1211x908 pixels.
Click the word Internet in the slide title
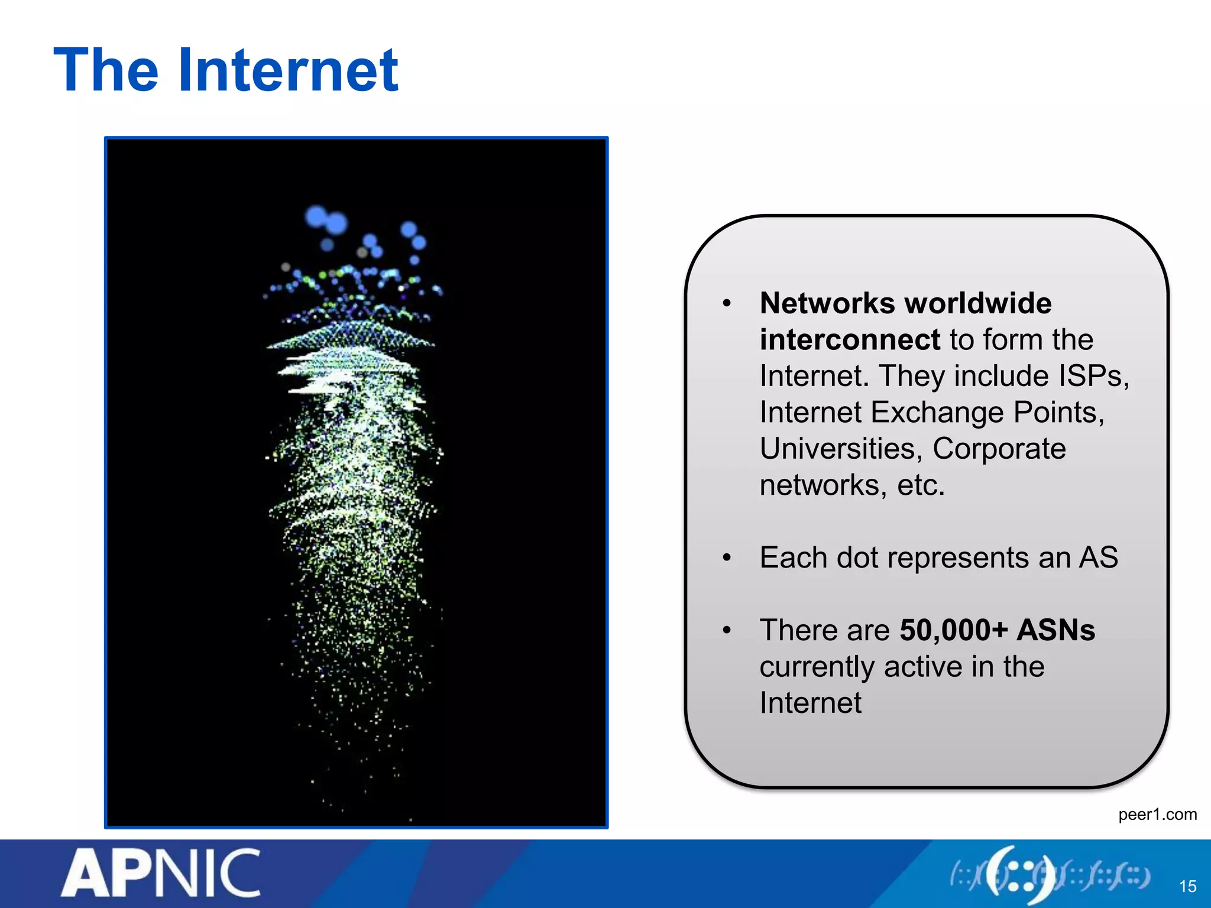(288, 71)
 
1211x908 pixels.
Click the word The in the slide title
(106, 71)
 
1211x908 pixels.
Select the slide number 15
(1187, 886)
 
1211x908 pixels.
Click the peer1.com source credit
(1157, 815)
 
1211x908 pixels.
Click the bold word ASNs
(1055, 630)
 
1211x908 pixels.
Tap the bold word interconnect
(850, 340)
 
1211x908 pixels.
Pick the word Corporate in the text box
(999, 449)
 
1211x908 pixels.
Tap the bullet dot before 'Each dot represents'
(727, 557)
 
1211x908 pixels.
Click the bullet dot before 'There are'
(727, 630)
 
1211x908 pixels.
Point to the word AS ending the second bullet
(1099, 557)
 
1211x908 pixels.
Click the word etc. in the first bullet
(921, 485)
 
